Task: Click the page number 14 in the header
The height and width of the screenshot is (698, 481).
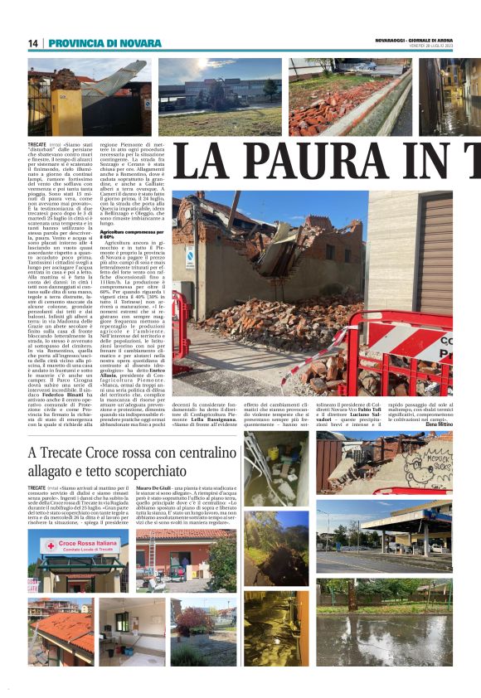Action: coord(33,43)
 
